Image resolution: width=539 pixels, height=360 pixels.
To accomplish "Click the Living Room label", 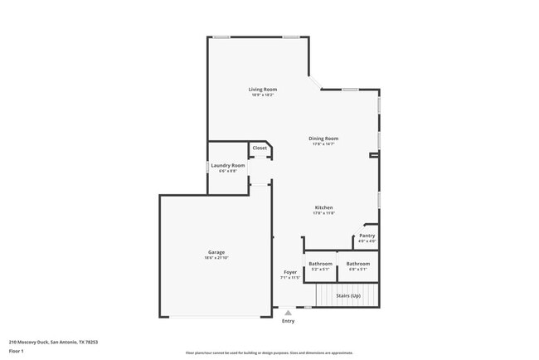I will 263,89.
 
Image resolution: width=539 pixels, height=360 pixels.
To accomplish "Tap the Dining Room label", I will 324,139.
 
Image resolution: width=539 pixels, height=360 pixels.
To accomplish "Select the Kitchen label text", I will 323,207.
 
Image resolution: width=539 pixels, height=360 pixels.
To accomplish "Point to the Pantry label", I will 367,236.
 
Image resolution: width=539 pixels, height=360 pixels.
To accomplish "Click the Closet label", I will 260,148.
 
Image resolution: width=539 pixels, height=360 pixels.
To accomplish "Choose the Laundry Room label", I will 227,165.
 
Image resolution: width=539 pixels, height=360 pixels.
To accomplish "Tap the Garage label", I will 216,252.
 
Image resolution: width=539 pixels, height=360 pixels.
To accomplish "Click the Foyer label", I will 290,272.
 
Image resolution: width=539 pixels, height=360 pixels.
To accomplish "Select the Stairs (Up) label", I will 347,295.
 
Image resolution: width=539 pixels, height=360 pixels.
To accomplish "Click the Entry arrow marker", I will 288,313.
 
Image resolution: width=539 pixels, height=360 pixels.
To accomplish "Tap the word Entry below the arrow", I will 288,321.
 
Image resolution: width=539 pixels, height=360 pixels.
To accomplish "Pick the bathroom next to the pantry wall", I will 358,264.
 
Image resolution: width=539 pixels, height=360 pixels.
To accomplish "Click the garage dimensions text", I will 216,258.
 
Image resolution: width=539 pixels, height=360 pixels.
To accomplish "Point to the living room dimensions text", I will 263,95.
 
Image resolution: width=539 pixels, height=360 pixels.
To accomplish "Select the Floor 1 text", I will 17,352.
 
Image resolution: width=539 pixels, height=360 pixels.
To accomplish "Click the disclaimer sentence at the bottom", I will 269,353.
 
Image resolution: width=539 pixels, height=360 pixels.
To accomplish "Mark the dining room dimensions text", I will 324,144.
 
